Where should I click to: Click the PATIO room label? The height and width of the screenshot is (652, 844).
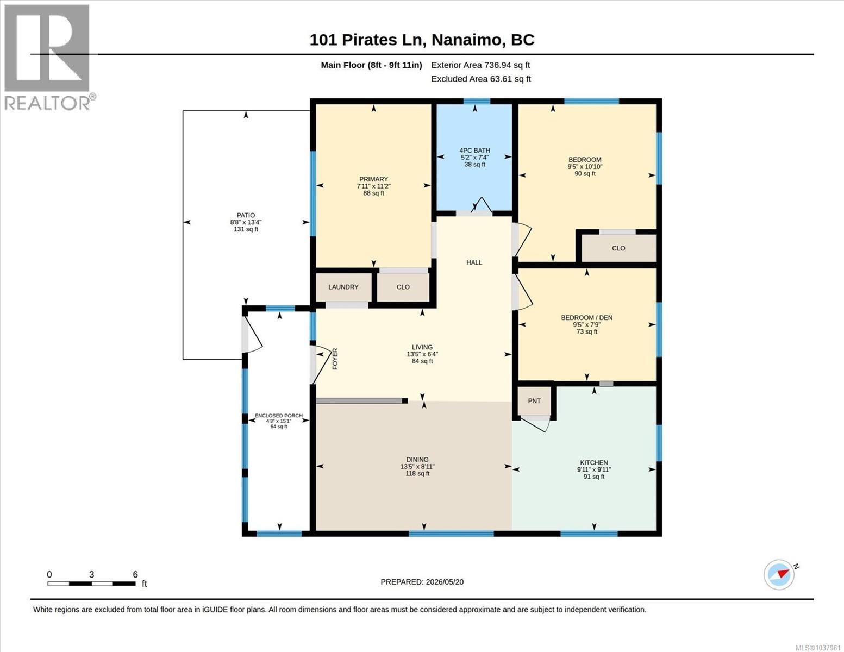(246, 215)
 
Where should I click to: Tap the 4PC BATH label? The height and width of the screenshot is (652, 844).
(474, 151)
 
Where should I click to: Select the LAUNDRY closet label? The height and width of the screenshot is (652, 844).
(343, 287)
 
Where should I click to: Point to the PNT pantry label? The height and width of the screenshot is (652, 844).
(534, 401)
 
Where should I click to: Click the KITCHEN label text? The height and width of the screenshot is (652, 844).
(594, 462)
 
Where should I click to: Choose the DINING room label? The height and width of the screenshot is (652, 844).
(417, 460)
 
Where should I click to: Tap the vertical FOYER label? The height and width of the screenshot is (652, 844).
(335, 359)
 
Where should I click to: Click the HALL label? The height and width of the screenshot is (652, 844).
(474, 262)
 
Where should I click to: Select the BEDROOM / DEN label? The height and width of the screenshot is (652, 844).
(586, 318)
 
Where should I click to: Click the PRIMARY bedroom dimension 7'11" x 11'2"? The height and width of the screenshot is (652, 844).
(374, 186)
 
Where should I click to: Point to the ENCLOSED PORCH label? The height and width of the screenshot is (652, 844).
(278, 416)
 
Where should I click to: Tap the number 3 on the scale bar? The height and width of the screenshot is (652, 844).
(92, 574)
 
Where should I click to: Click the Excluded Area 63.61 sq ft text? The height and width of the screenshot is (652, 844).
(481, 79)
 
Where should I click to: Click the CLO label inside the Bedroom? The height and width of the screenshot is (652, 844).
(618, 248)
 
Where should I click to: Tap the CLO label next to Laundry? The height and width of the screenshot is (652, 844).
(403, 287)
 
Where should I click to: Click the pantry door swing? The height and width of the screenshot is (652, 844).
(536, 424)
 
